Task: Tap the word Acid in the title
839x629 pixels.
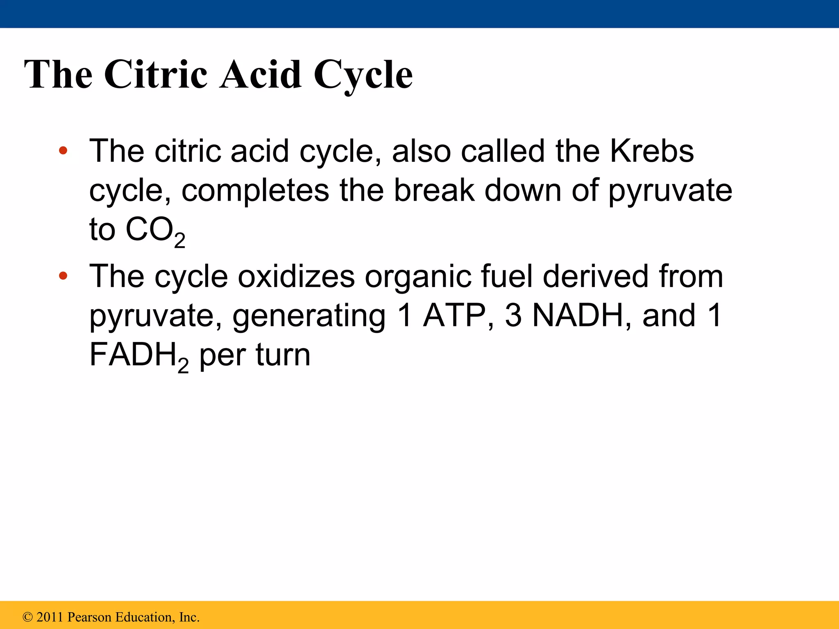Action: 261,75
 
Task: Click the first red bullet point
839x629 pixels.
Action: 63,151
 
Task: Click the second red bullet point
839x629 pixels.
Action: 63,276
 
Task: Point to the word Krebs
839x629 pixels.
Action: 652,151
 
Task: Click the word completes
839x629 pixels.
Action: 255,191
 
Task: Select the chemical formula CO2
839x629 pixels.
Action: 155,231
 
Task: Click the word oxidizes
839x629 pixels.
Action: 296,276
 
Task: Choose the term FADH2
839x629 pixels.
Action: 139,356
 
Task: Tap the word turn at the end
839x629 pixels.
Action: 283,355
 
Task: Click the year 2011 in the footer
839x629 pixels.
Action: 50,617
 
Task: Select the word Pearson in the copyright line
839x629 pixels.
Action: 89,617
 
